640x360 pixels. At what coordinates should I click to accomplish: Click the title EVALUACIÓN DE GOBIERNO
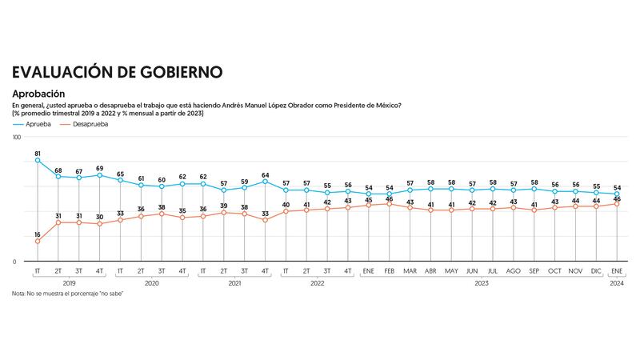click(x=117, y=72)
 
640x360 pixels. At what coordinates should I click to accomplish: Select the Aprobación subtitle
click(x=38, y=94)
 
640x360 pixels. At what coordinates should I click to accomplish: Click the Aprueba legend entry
click(x=37, y=124)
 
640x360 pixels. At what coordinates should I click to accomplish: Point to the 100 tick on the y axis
click(x=16, y=138)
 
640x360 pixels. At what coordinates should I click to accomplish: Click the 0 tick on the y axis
click(x=14, y=262)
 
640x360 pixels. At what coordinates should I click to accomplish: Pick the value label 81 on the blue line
click(x=38, y=152)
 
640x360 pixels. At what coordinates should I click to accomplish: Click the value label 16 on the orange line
click(x=38, y=234)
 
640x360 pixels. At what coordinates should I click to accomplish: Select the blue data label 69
click(x=100, y=168)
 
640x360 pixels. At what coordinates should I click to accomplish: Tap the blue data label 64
click(x=265, y=174)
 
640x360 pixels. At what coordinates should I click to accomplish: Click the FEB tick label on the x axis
click(x=389, y=271)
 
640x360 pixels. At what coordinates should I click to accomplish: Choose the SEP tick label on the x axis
click(x=534, y=271)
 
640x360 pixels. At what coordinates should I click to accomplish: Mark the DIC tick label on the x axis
click(x=596, y=271)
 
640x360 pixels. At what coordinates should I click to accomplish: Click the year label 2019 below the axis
click(x=69, y=282)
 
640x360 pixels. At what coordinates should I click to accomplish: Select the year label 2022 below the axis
click(x=317, y=282)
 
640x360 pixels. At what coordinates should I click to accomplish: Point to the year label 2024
click(x=617, y=282)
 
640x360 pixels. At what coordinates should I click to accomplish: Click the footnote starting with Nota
click(x=67, y=294)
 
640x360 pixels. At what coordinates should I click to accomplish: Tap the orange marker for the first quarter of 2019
click(x=38, y=242)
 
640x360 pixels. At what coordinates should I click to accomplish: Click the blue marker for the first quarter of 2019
click(x=38, y=161)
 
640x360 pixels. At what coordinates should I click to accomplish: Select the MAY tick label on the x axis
click(x=451, y=271)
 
